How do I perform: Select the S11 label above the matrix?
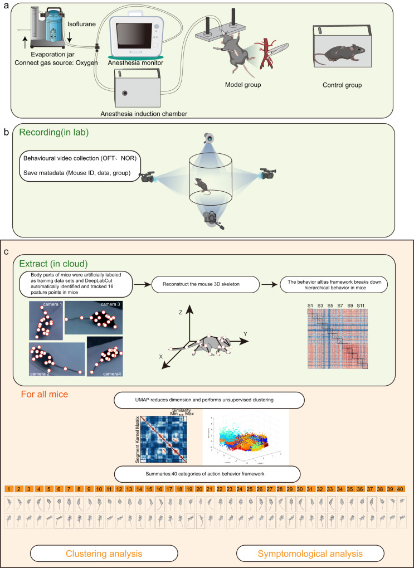click(x=361, y=306)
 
